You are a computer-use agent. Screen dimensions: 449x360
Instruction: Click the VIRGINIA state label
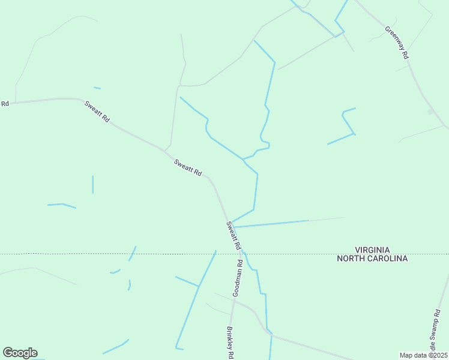[372, 250]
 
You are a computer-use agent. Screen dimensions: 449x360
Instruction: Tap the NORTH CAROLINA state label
[372, 259]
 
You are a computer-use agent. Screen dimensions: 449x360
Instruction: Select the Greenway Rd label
[397, 41]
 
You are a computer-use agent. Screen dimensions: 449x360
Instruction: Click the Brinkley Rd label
[229, 343]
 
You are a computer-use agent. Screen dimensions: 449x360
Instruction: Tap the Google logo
[20, 353]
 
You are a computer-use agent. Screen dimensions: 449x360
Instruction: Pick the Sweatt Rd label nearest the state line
[234, 236]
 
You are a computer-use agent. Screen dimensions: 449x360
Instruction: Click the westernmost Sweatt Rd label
[97, 112]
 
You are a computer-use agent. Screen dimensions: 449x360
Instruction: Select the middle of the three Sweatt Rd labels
[187, 167]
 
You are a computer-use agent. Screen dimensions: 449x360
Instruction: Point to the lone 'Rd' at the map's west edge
[5, 104]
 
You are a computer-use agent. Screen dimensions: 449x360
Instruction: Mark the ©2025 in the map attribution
[435, 355]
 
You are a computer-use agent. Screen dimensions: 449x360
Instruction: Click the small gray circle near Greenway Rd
[430, 112]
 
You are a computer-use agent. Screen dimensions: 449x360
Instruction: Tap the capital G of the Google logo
[8, 353]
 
